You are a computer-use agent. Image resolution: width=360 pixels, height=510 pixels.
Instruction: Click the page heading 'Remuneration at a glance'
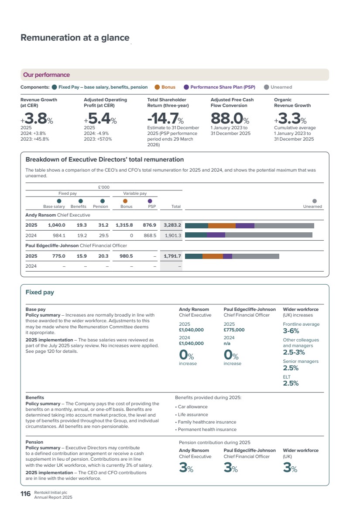[x=75, y=38]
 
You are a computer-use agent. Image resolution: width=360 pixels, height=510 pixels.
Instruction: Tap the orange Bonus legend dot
[x=157, y=87]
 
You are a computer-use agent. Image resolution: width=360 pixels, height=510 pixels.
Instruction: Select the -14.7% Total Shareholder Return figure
[x=165, y=118]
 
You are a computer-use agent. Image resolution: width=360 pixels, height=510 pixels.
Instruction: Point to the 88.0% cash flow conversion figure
[x=230, y=118]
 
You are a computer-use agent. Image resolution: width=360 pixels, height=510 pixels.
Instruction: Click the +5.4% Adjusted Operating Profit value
[x=100, y=118]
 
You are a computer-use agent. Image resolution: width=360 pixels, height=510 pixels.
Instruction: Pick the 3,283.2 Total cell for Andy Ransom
[x=172, y=225]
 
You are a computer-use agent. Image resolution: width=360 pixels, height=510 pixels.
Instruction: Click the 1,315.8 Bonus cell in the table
[x=124, y=225]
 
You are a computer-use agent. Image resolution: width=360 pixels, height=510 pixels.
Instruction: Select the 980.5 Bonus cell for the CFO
[x=126, y=256]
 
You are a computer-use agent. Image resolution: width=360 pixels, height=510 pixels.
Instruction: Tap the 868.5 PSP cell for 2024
[x=150, y=235]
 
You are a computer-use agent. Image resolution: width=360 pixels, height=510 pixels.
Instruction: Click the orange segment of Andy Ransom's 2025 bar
[x=222, y=226]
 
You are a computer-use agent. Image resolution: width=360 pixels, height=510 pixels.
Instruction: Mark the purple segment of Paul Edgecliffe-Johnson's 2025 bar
[x=227, y=256]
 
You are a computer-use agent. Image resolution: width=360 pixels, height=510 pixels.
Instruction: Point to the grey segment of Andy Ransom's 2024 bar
[x=269, y=235]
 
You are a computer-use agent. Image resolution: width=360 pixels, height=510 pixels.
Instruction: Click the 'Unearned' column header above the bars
[x=312, y=207]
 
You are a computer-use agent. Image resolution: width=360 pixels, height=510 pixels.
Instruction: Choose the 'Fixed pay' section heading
[x=40, y=292]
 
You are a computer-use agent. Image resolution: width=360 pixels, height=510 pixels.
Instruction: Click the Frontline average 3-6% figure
[x=291, y=331]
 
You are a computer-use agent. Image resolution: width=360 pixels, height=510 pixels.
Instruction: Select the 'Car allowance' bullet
[x=193, y=407]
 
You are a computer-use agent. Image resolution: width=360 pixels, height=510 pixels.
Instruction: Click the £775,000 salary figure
[x=234, y=330]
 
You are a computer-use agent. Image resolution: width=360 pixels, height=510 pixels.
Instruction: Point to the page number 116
[x=25, y=494]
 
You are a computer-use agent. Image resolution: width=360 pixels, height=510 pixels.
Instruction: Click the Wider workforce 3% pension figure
[x=290, y=467]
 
